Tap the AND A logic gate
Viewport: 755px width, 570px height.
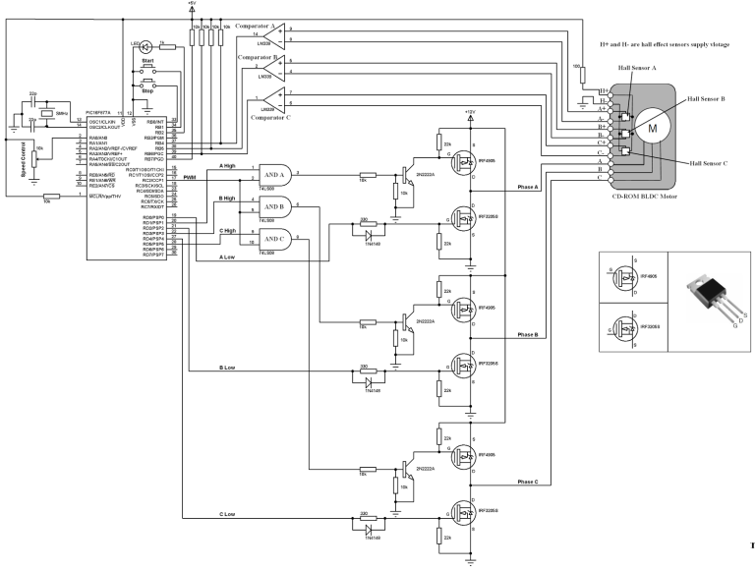269,174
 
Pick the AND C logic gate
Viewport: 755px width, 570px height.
269,238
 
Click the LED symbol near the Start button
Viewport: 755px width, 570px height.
146,45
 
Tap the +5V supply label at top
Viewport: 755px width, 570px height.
191,4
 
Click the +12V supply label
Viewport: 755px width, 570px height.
470,112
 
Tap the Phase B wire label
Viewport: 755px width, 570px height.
522,334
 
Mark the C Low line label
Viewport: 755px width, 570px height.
230,514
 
